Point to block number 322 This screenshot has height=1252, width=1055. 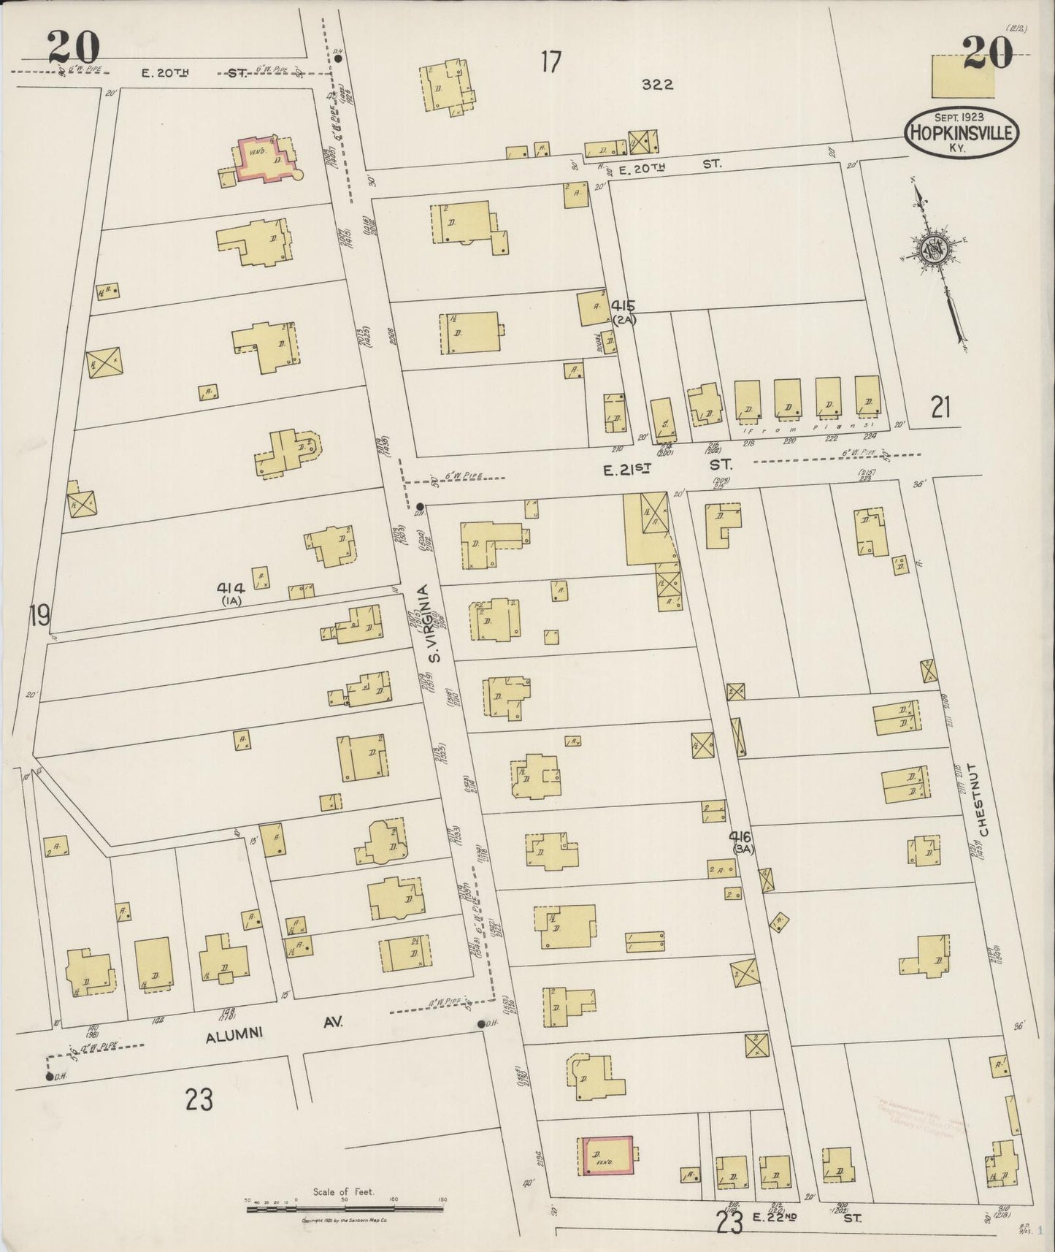point(657,85)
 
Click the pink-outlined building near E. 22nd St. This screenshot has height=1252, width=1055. point(606,1155)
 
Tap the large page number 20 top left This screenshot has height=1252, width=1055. point(73,48)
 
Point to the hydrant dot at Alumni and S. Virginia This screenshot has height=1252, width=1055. point(482,1024)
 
